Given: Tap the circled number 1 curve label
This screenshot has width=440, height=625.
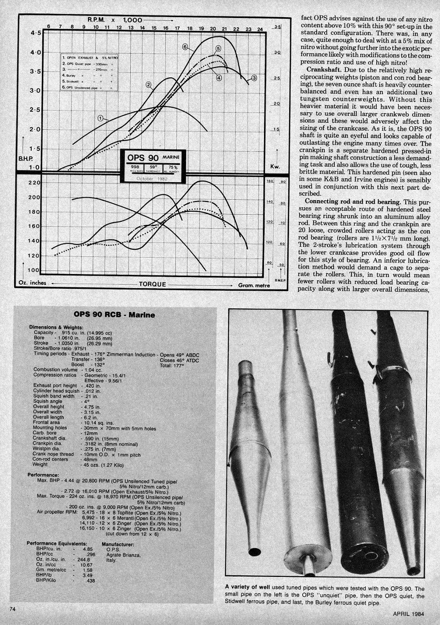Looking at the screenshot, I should point(101,118).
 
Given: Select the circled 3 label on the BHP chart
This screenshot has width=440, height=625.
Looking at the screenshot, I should point(254,78).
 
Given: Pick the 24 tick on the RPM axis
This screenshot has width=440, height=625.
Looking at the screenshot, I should point(260,29).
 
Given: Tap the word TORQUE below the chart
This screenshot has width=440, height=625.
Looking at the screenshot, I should point(152,284).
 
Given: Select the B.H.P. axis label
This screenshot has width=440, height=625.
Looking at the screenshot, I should point(26,157).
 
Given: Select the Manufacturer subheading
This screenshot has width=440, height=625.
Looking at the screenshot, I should point(118,544).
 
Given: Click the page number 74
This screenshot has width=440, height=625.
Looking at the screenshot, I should point(12,609).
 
